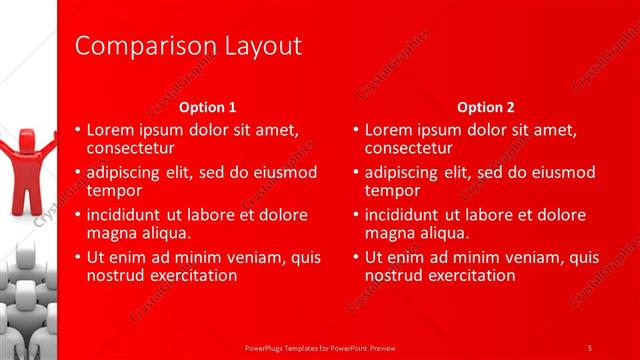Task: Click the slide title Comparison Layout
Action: click(x=188, y=46)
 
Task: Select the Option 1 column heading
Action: click(x=208, y=107)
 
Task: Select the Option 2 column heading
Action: click(x=485, y=107)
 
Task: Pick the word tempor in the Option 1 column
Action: click(x=114, y=190)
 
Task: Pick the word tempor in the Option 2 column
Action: click(x=392, y=190)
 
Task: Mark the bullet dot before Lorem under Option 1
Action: click(x=78, y=130)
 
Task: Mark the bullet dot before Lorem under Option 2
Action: click(x=355, y=130)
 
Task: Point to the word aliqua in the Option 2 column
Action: click(x=442, y=233)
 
